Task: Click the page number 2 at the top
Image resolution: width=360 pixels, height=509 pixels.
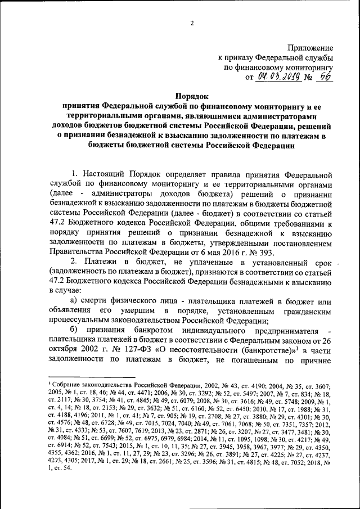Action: (x=191, y=23)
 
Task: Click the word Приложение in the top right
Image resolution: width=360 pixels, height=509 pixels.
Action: (x=310, y=48)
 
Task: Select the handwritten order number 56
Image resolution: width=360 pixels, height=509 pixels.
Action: (x=323, y=77)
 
